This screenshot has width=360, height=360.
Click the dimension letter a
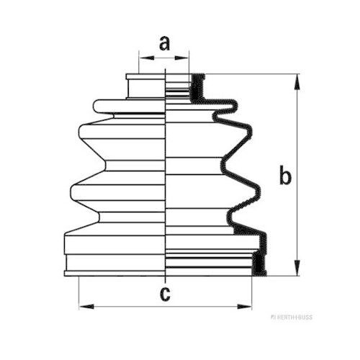point(164,44)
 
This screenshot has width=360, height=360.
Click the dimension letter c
point(165,294)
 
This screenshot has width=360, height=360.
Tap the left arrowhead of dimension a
point(146,58)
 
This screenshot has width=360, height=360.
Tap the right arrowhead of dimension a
point(181,58)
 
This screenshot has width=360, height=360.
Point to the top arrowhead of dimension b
point(297,82)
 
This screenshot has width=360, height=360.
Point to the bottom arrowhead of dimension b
point(297,267)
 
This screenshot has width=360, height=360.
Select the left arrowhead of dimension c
point(86,307)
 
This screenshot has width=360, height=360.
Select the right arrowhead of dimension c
point(244,307)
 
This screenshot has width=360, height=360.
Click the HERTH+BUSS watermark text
point(292,318)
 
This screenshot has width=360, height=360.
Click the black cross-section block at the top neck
point(197,87)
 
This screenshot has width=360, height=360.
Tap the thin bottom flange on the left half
point(114,274)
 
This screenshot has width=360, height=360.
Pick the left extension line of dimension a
point(139,62)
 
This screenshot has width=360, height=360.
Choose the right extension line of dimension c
point(252,293)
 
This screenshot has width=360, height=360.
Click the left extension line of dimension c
point(79,293)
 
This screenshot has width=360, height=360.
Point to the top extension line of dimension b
point(253,74)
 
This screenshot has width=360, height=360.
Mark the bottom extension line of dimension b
point(283,276)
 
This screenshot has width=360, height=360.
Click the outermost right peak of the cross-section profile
point(266,243)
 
